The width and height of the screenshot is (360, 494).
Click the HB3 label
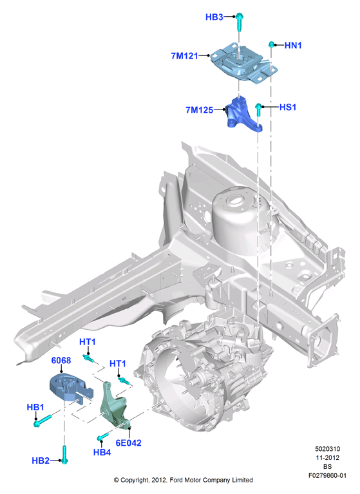point(214,17)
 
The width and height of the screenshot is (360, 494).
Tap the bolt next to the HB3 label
point(239,22)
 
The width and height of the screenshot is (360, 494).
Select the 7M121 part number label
point(185,56)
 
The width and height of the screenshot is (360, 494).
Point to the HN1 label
point(293,45)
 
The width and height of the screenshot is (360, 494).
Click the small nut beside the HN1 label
point(271,44)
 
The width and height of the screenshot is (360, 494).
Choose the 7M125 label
point(200,110)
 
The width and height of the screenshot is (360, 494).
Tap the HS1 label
point(288,108)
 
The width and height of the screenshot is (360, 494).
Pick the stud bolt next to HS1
point(258,109)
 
